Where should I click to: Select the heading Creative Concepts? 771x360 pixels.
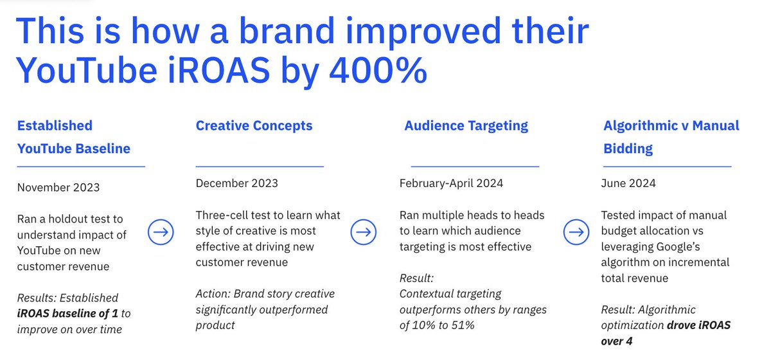pyautogui.click(x=254, y=125)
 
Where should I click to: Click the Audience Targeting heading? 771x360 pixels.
pyautogui.click(x=466, y=125)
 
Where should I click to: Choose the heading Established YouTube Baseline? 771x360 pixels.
pyautogui.click(x=73, y=137)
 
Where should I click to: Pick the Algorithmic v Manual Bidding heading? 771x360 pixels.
pyautogui.click(x=671, y=137)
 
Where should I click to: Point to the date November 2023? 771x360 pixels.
pyautogui.click(x=58, y=187)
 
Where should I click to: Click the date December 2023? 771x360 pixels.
pyautogui.click(x=237, y=183)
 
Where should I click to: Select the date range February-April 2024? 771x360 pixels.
pyautogui.click(x=451, y=183)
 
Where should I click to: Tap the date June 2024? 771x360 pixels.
pyautogui.click(x=628, y=183)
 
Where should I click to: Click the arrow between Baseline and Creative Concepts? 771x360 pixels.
pyautogui.click(x=161, y=232)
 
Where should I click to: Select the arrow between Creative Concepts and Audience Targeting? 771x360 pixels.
pyautogui.click(x=364, y=231)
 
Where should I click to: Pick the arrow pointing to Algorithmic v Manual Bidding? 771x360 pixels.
pyautogui.click(x=576, y=231)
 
